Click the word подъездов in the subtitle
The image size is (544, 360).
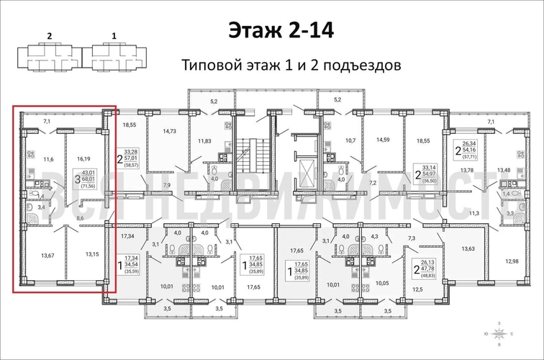tap(358, 66)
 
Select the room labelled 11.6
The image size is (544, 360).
tap(49, 159)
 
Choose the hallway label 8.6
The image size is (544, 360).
tap(80, 216)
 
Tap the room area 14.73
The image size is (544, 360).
tap(170, 131)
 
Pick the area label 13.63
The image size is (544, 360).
tap(466, 249)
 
